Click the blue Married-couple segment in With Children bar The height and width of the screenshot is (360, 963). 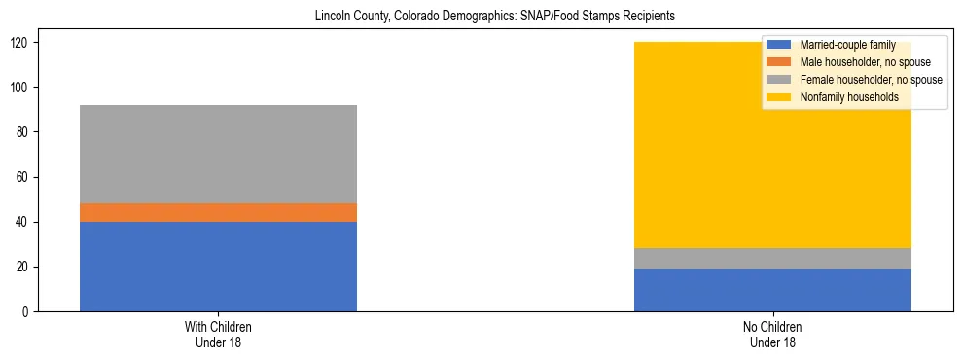click(x=218, y=267)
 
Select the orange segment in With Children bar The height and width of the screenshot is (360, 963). click(x=218, y=212)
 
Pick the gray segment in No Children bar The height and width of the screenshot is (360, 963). click(x=772, y=258)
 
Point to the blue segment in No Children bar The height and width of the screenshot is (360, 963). click(x=772, y=290)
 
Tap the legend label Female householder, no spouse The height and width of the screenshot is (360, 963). click(x=871, y=80)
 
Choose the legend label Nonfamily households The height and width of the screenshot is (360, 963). click(x=842, y=97)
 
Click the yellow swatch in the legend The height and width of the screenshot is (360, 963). click(x=779, y=97)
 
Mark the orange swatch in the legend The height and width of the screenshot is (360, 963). click(x=779, y=62)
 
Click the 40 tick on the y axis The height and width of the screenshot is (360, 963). click(x=29, y=222)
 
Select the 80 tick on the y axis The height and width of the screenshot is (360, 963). click(x=29, y=132)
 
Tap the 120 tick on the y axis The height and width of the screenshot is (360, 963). click(x=26, y=43)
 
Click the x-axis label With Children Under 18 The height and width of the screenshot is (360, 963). click(x=218, y=335)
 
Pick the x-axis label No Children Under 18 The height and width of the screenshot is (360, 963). click(x=772, y=335)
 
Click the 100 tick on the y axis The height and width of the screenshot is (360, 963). click(x=26, y=88)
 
